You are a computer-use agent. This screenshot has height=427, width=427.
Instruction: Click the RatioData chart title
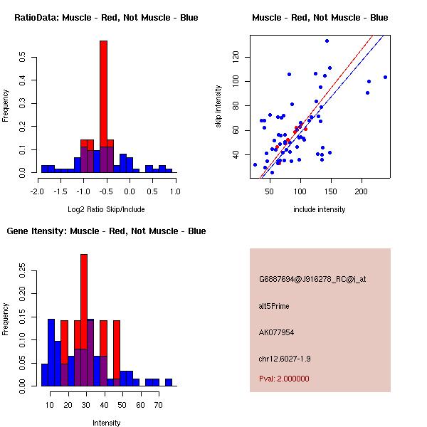pyautogui.click(x=106, y=18)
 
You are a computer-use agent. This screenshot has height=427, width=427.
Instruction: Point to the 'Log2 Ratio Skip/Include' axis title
pyautogui.click(x=106, y=209)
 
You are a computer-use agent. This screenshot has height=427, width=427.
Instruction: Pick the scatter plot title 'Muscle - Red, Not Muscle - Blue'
pyautogui.click(x=320, y=18)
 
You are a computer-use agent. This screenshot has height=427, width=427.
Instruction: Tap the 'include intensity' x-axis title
pyautogui.click(x=320, y=209)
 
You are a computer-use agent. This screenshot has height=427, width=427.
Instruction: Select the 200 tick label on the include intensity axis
pyautogui.click(x=362, y=191)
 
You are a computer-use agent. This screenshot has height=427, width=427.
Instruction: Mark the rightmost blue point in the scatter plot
pyautogui.click(x=385, y=77)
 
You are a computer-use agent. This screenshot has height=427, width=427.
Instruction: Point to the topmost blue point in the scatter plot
pyautogui.click(x=327, y=41)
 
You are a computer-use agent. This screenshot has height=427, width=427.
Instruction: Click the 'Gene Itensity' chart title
pyautogui.click(x=106, y=231)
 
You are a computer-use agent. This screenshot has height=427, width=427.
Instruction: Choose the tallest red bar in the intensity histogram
pyautogui.click(x=84, y=320)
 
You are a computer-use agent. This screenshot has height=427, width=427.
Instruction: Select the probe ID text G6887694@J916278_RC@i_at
pyautogui.click(x=312, y=280)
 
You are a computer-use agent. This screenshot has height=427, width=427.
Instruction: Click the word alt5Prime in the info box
pyautogui.click(x=274, y=306)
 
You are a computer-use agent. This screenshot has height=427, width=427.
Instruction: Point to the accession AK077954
pyautogui.click(x=277, y=332)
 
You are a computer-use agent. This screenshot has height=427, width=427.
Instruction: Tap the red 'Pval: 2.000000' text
pyautogui.click(x=284, y=379)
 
